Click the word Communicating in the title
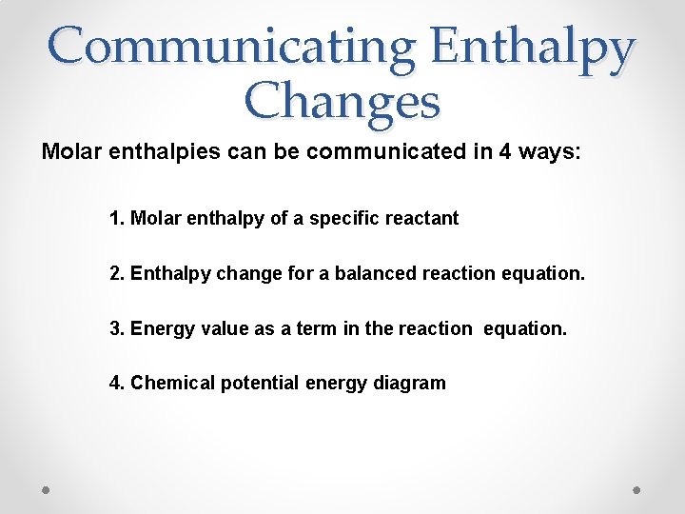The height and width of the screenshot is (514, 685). pos(231,48)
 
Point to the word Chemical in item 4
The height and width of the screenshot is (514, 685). pos(172,383)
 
